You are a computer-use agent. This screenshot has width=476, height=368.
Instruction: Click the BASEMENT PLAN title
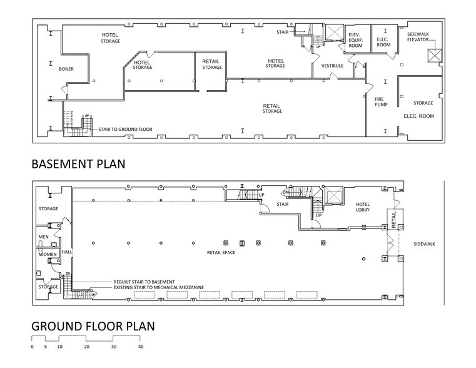point(78,164)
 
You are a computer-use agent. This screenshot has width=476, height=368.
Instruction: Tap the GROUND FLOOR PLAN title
point(93,326)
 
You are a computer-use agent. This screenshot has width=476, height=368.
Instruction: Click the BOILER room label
point(66,68)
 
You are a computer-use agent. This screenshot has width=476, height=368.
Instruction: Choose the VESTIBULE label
point(332,65)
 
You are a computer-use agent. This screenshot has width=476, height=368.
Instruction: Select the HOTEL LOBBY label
point(363,207)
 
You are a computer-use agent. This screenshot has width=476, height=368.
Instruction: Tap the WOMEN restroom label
point(48,255)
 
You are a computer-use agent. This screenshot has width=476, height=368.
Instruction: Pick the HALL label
point(66,252)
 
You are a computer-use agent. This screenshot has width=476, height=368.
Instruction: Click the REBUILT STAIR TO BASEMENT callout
point(144,282)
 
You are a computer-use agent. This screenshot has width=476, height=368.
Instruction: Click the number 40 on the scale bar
point(141,346)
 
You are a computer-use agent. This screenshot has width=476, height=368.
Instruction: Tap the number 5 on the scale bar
point(46,346)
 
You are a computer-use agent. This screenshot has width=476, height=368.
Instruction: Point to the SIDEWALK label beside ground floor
point(425,243)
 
